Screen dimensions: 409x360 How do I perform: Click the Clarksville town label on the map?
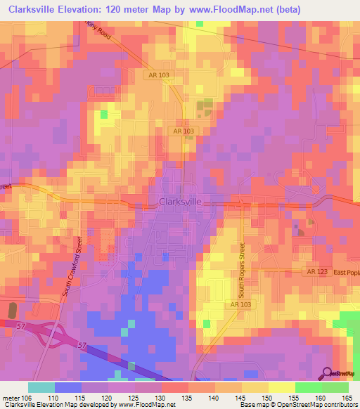pyautogui.click(x=181, y=202)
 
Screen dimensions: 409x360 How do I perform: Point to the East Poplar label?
pyautogui.click(x=345, y=272)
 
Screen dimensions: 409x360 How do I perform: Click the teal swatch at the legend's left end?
pyautogui.click(x=41, y=387)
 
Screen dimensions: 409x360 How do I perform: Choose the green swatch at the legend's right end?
pyautogui.click(x=335, y=387)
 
